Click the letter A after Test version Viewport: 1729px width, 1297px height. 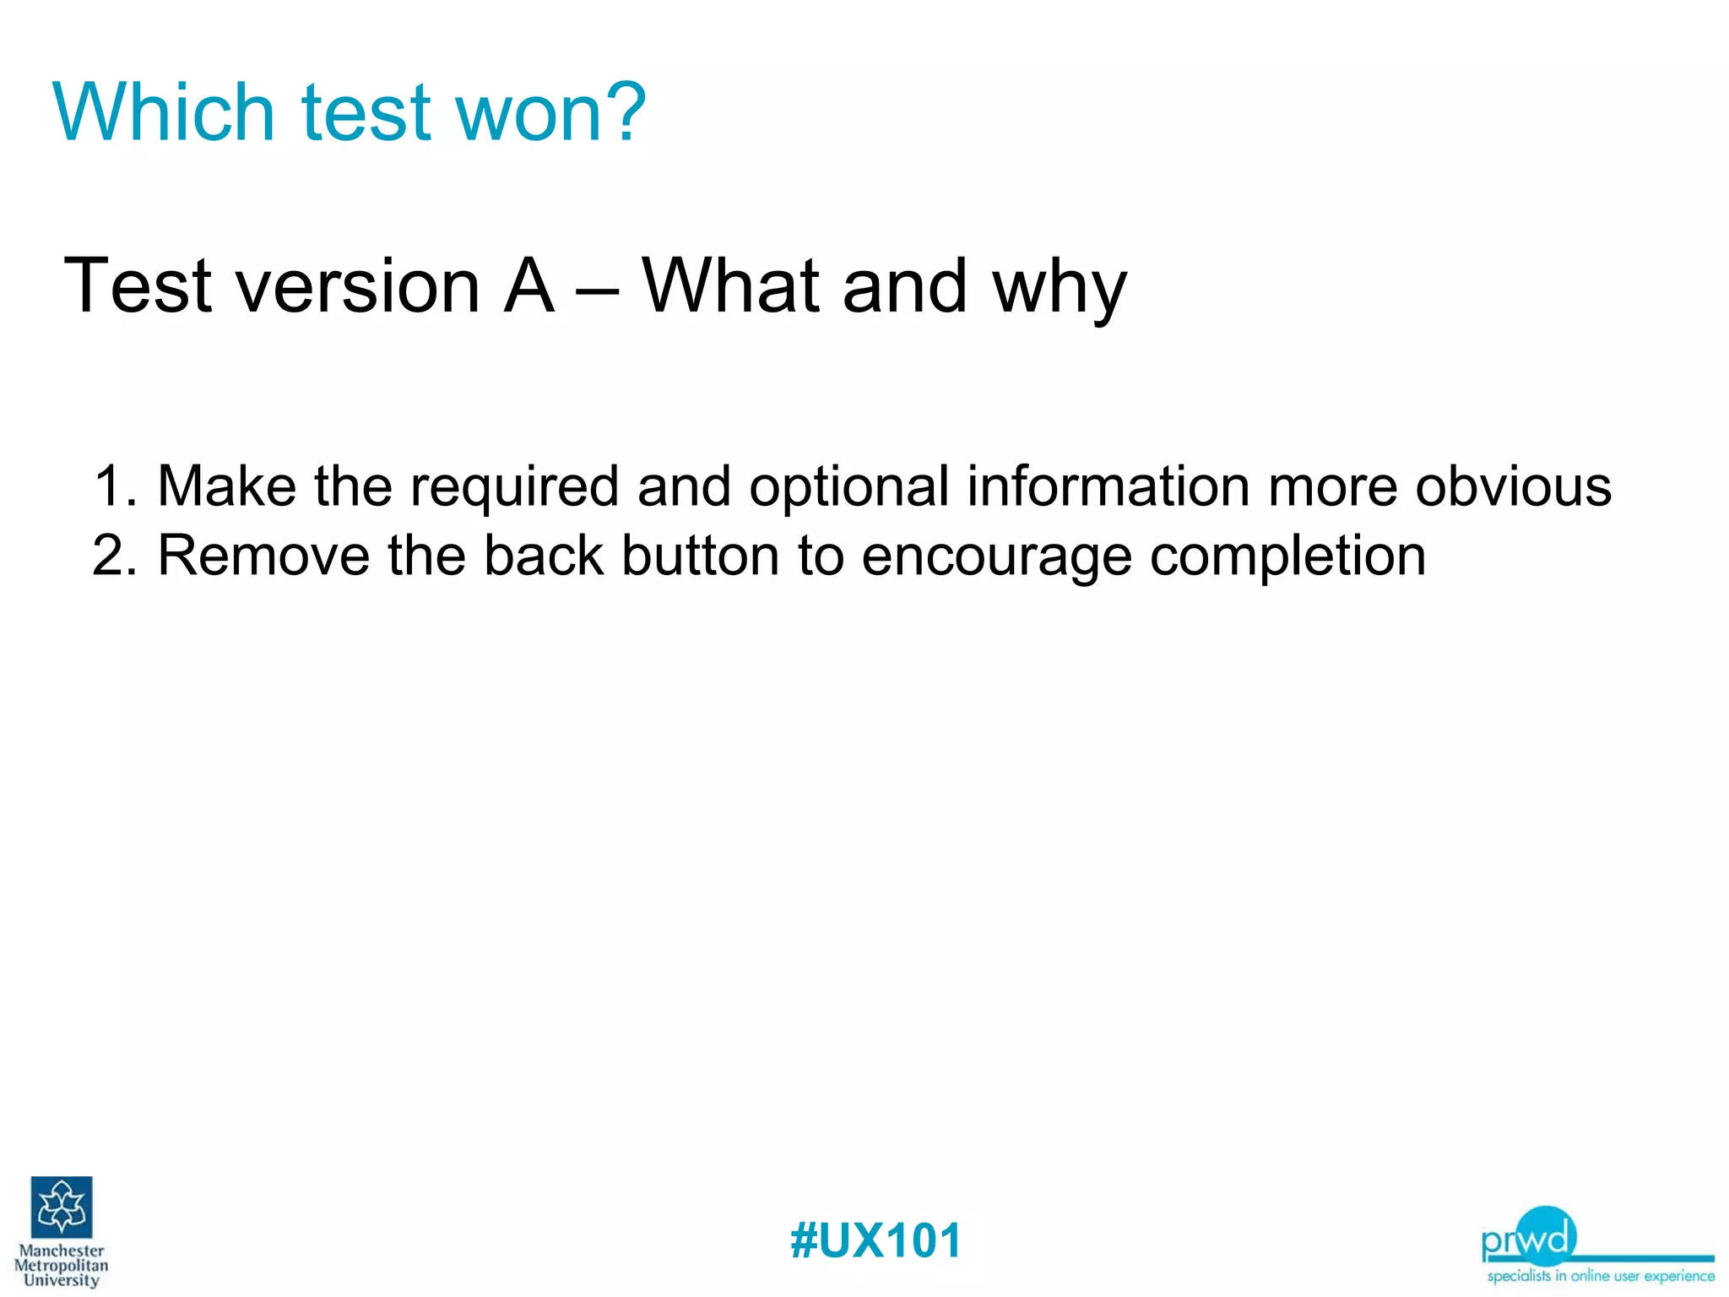[528, 287]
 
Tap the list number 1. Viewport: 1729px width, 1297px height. [113, 486]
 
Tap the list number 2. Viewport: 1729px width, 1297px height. [113, 556]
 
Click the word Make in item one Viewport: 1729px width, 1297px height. [226, 486]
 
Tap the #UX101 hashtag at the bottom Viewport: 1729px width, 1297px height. [875, 1241]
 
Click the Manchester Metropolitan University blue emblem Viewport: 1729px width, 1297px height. [62, 1207]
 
